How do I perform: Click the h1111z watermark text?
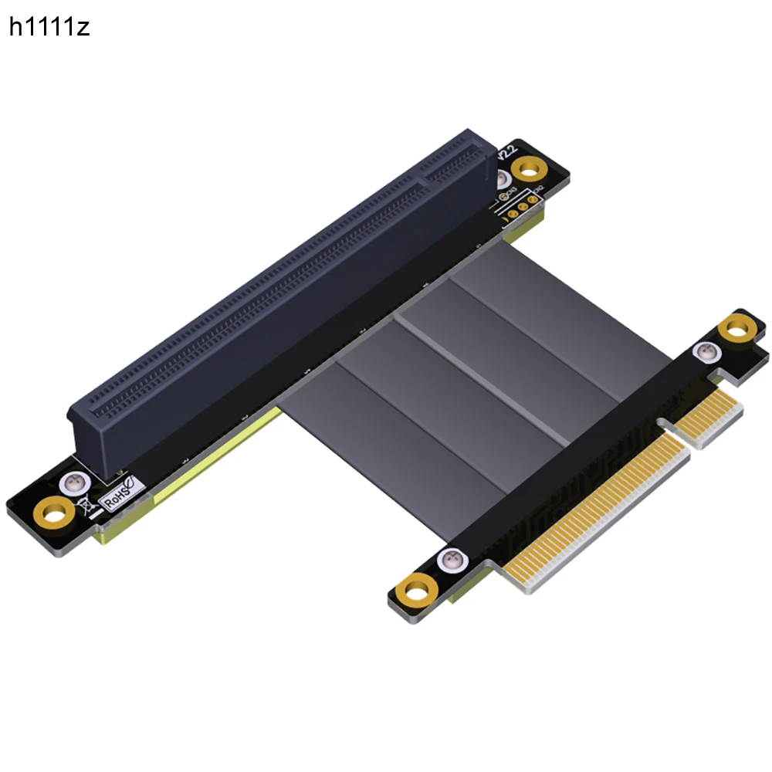click(49, 28)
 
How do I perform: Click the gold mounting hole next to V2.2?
click(530, 168)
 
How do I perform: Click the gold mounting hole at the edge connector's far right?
click(736, 330)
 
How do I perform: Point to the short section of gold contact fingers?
click(706, 417)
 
